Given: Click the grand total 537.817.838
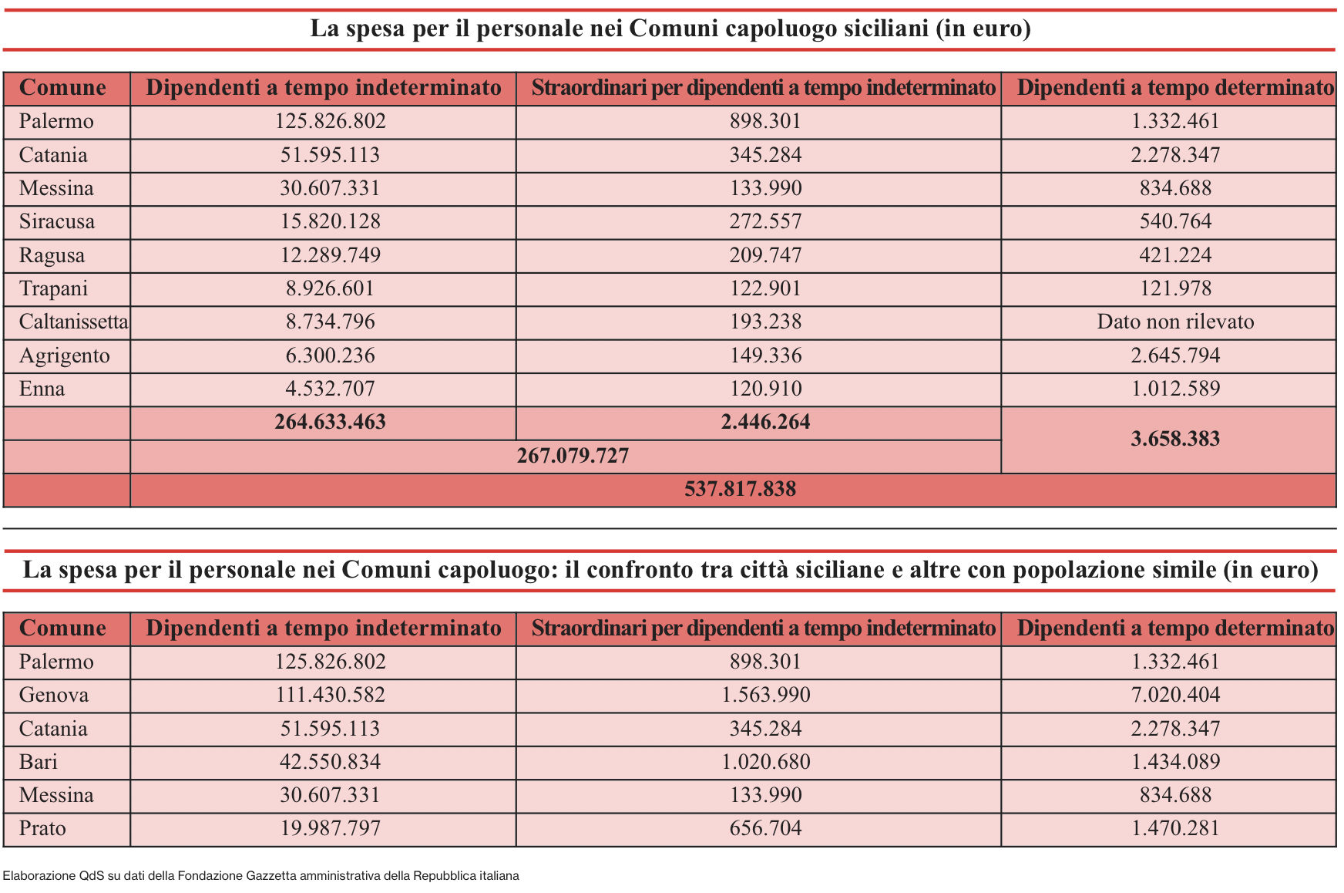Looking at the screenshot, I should [x=740, y=489].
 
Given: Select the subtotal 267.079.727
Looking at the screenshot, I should [x=573, y=456].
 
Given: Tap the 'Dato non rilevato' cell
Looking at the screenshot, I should [x=1175, y=322].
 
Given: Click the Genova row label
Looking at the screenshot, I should [x=54, y=695].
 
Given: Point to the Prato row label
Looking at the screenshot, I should [x=42, y=828].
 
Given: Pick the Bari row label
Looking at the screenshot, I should [x=39, y=762].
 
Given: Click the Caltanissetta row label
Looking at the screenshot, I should [x=73, y=322].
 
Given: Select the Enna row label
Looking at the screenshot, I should [x=42, y=389].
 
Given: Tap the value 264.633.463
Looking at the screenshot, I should [x=330, y=422].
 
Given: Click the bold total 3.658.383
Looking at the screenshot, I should [x=1175, y=439].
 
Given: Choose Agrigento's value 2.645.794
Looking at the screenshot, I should [x=1175, y=356].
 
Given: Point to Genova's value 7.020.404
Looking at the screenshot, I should [x=1175, y=695].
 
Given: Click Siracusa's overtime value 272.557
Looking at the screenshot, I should [x=765, y=221].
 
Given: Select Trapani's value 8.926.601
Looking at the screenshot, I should [x=330, y=288].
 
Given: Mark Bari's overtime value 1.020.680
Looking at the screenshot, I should [x=765, y=762].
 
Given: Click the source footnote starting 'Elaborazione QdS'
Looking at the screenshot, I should [x=260, y=875].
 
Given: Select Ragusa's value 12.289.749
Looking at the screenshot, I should [x=330, y=255].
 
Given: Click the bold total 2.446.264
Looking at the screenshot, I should [x=765, y=422].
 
